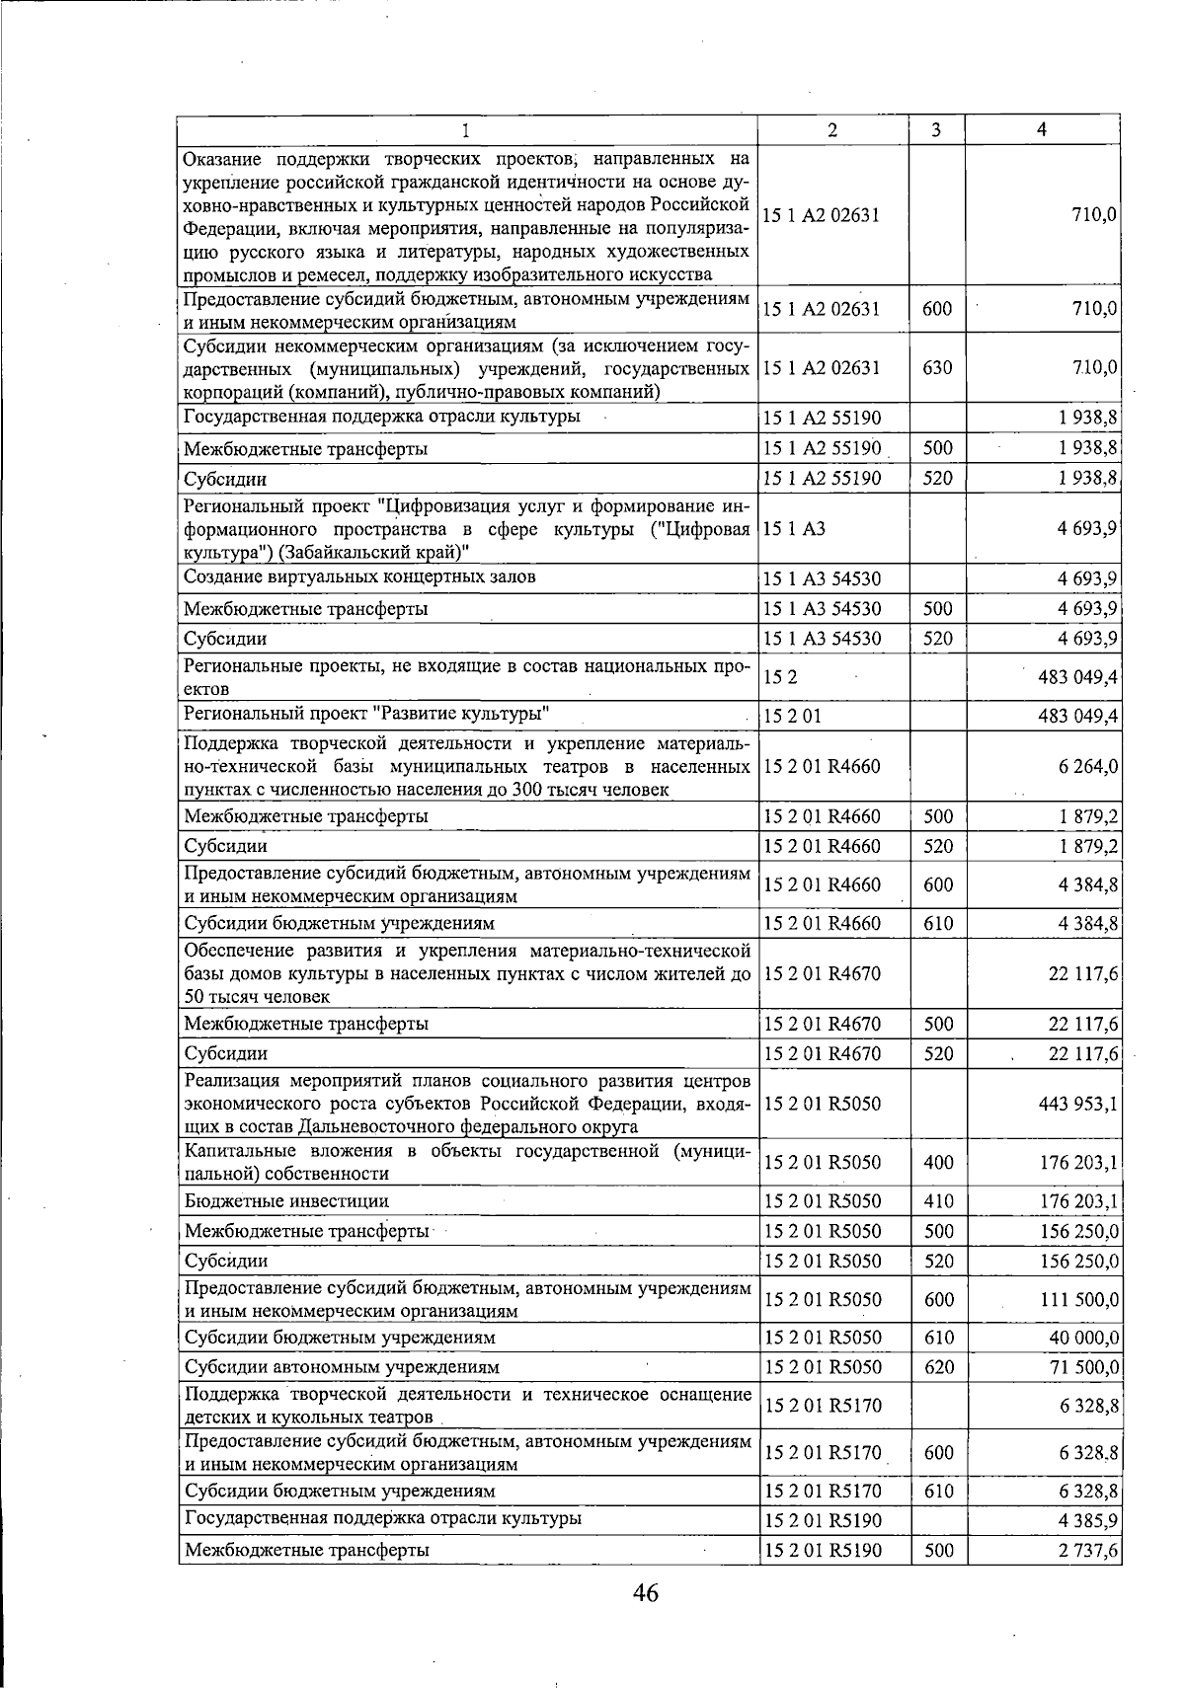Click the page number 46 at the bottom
[646, 1592]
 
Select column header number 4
[1042, 130]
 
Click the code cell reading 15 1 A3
[794, 528]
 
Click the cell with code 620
[938, 1367]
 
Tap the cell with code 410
[938, 1201]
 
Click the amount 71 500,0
[1084, 1367]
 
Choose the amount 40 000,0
[1083, 1338]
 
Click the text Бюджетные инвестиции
[286, 1201]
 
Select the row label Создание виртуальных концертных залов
[359, 576]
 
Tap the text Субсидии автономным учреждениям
[342, 1367]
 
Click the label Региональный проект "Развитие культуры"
[366, 714]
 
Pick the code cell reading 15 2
[780, 677]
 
